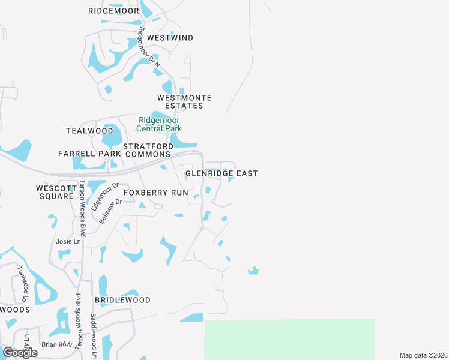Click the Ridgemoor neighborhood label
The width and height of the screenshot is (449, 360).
(x=113, y=11)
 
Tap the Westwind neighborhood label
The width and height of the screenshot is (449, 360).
(x=170, y=38)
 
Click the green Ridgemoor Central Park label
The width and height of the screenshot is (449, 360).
(x=159, y=124)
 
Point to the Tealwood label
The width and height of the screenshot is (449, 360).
(x=89, y=131)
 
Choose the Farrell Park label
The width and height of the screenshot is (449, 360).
(x=89, y=154)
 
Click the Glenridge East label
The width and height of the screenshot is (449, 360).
(x=221, y=173)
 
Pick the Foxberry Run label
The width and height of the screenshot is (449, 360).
(x=156, y=193)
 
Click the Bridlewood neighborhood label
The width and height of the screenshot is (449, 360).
(x=122, y=299)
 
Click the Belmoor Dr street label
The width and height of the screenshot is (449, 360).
(x=110, y=211)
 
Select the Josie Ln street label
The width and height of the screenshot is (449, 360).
(x=68, y=242)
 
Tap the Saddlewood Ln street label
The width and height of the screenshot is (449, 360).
(x=93, y=336)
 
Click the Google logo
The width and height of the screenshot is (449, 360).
(x=20, y=353)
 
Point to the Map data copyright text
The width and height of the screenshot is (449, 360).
(x=423, y=355)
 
